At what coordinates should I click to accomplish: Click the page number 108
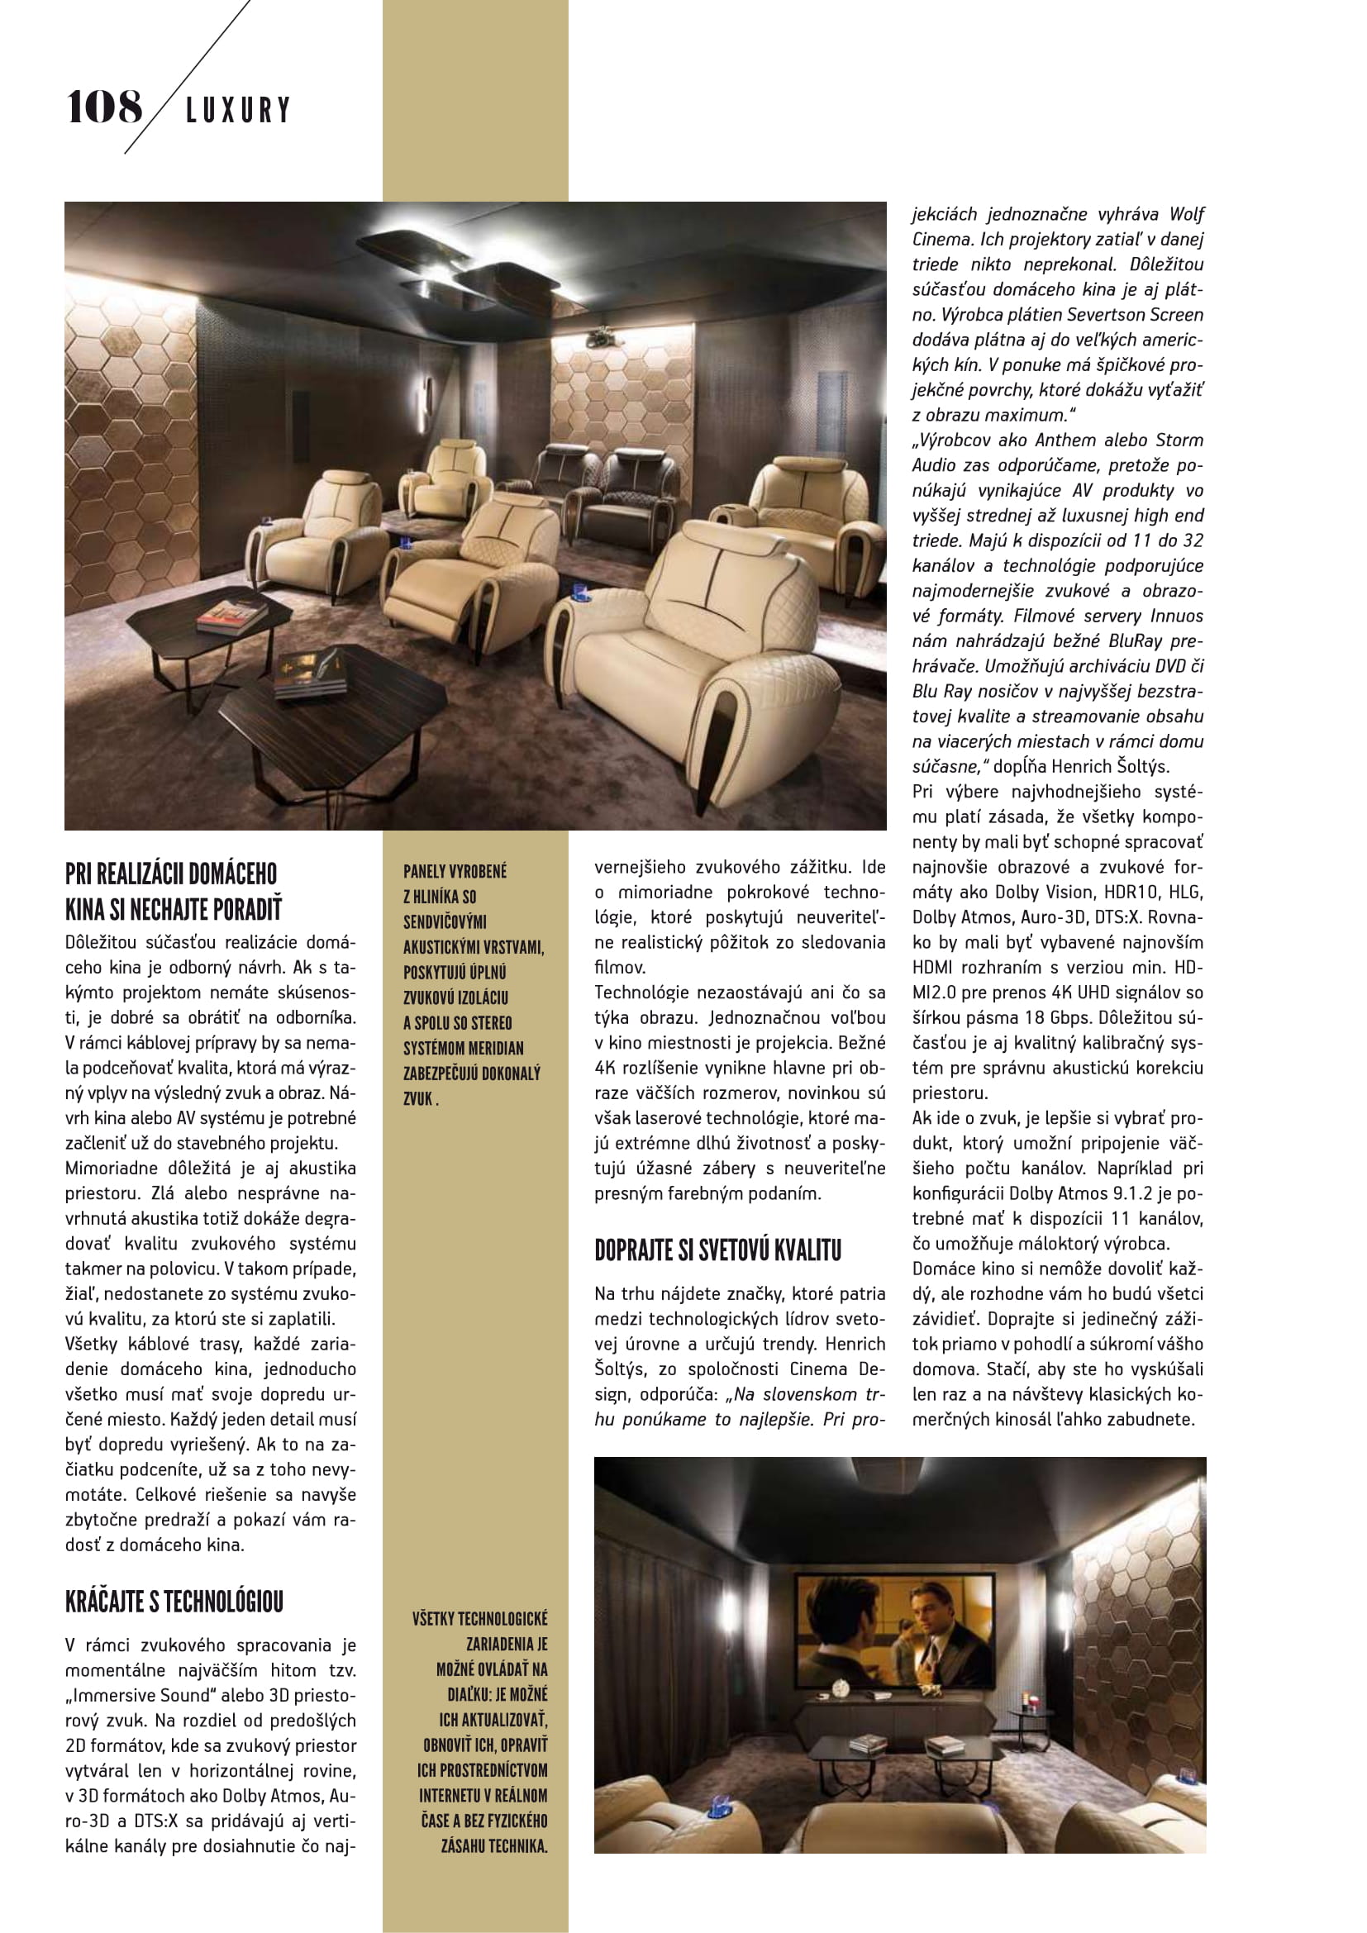[x=104, y=107]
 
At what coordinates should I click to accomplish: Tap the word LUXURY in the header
[x=238, y=110]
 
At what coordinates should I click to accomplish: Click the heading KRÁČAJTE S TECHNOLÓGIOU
[x=174, y=1601]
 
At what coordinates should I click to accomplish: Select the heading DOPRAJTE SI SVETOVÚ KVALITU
[x=717, y=1250]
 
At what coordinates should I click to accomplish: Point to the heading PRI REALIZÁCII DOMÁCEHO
[x=171, y=873]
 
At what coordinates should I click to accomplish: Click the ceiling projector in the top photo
[x=602, y=336]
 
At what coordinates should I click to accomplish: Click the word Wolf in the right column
[x=1186, y=215]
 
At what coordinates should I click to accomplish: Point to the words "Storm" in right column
[x=1179, y=440]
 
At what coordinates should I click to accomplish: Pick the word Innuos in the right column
[x=1176, y=617]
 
